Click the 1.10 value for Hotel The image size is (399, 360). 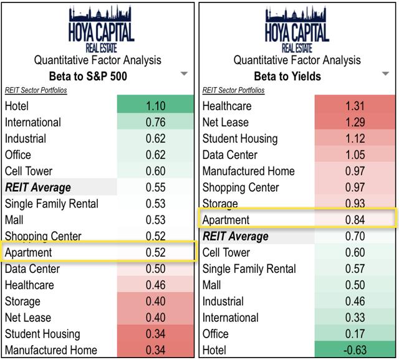click(156, 107)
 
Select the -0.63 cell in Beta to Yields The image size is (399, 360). click(353, 350)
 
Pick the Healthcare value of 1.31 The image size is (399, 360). click(353, 107)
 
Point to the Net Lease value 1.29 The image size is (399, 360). click(353, 123)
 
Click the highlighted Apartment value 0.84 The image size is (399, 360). click(353, 220)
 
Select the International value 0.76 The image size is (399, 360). click(156, 123)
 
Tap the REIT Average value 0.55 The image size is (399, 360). click(156, 187)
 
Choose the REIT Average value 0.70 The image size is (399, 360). click(353, 236)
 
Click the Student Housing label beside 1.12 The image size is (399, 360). click(240, 139)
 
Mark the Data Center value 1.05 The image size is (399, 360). click(353, 155)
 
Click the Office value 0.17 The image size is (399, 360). click(353, 334)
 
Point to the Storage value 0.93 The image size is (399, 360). click(353, 204)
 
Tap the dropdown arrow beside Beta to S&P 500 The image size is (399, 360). click(184, 74)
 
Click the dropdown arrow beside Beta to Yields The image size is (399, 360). click(382, 74)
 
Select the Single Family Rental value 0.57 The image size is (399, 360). click(353, 269)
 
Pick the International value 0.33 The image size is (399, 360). click(353, 318)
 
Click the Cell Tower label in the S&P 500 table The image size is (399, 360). click(29, 171)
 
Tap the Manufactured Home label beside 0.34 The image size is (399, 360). click(51, 350)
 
